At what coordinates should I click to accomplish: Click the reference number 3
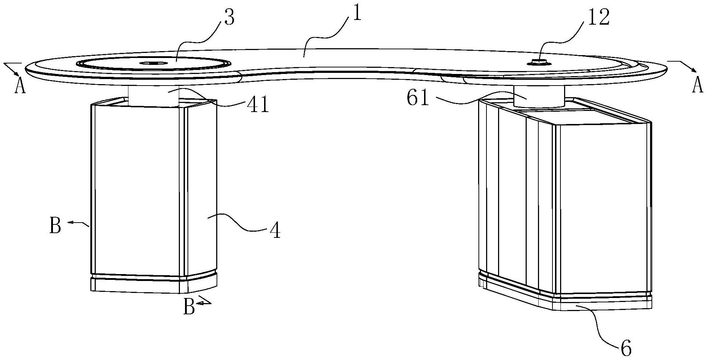click(229, 17)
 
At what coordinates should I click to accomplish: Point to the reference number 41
click(258, 105)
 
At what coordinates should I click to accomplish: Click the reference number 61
click(418, 98)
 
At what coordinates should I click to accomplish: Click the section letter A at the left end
click(20, 87)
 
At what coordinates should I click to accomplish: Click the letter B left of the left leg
click(55, 226)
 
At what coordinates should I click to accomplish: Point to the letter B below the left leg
click(189, 308)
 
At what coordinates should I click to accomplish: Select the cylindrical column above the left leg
click(153, 96)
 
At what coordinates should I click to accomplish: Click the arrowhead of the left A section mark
click(17, 73)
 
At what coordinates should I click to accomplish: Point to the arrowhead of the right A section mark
click(693, 70)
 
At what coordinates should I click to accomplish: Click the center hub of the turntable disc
click(153, 63)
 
